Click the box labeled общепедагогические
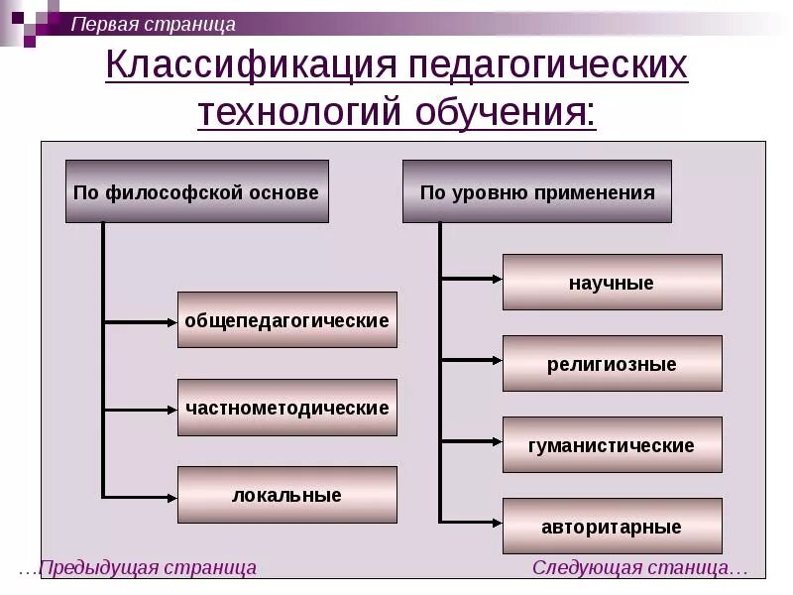coord(287,320)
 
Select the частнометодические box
coord(287,408)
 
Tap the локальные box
coord(287,495)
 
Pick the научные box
coord(612,283)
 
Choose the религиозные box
coord(612,364)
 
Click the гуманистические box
coord(612,445)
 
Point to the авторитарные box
coord(612,527)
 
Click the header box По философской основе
coord(196,191)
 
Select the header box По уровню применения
coord(537,191)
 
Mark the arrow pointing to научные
coord(472,279)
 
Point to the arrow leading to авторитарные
coord(472,521)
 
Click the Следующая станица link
coord(639,568)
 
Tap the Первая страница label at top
coord(153,24)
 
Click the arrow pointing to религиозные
coord(472,360)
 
